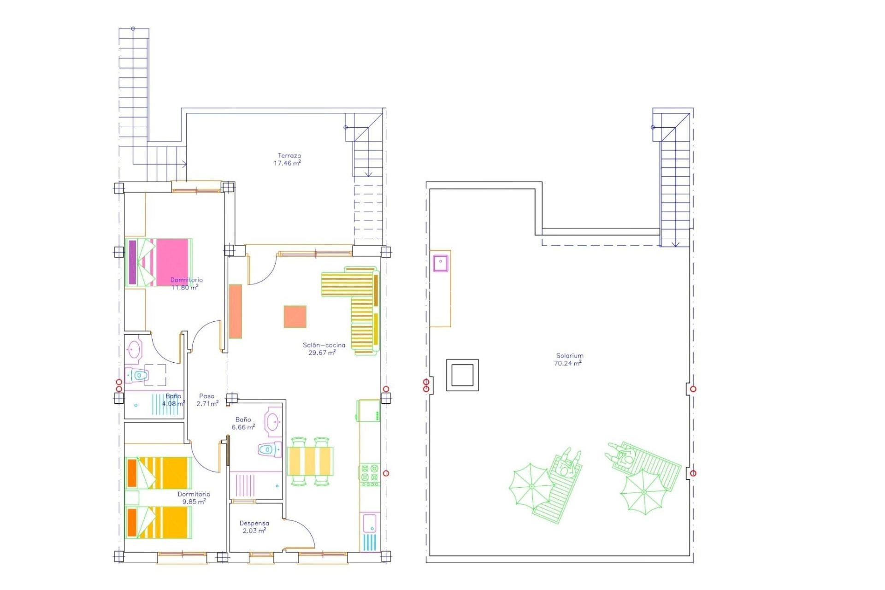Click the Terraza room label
(x=289, y=156)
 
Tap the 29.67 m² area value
(x=322, y=353)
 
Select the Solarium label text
(x=570, y=355)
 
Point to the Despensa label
(x=254, y=523)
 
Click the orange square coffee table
(x=295, y=317)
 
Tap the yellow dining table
(x=310, y=461)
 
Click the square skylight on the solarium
(x=462, y=375)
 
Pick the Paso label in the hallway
(x=206, y=396)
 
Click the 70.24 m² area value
(x=567, y=363)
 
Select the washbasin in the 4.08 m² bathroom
(x=134, y=350)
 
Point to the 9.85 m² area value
(x=194, y=501)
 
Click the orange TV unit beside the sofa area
(x=236, y=311)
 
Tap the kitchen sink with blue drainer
(x=370, y=532)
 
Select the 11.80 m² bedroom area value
(x=185, y=288)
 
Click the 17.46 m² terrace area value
(x=287, y=163)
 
